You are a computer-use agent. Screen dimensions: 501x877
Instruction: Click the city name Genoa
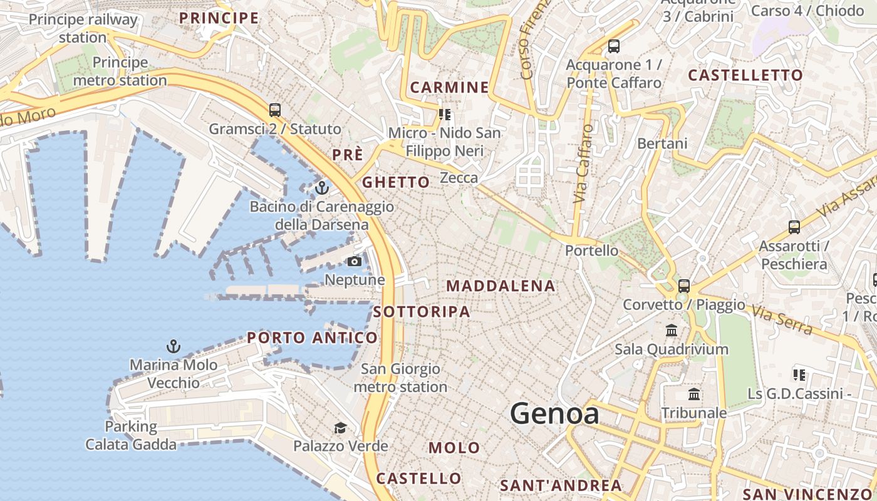pyautogui.click(x=554, y=414)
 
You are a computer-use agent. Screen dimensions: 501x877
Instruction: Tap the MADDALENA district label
pyautogui.click(x=501, y=286)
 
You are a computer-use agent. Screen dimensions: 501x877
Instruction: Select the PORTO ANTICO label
pyautogui.click(x=313, y=338)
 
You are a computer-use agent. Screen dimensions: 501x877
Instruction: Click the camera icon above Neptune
pyautogui.click(x=355, y=261)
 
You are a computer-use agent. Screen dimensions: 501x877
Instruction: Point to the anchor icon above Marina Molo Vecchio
pyautogui.click(x=173, y=346)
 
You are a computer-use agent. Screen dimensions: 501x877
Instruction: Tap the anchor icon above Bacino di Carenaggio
pyautogui.click(x=322, y=187)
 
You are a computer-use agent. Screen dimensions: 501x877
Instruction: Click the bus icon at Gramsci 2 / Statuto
pyautogui.click(x=275, y=110)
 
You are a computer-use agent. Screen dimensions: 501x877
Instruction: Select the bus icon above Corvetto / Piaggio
pyautogui.click(x=684, y=286)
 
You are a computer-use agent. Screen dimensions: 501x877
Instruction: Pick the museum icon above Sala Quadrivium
pyautogui.click(x=672, y=330)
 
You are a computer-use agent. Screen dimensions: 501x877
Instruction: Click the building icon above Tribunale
pyautogui.click(x=694, y=394)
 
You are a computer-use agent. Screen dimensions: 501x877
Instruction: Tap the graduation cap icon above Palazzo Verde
pyautogui.click(x=340, y=428)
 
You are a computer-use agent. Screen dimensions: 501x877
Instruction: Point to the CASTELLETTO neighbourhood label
pyautogui.click(x=745, y=75)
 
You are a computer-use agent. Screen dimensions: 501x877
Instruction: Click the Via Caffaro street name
pyautogui.click(x=583, y=163)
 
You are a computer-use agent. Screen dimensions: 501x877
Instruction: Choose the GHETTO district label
pyautogui.click(x=397, y=182)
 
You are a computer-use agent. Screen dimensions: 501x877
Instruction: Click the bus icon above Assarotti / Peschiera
pyautogui.click(x=794, y=227)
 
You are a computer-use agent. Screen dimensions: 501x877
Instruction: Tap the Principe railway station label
pyautogui.click(x=83, y=28)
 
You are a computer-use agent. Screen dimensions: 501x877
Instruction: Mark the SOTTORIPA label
pyautogui.click(x=422, y=312)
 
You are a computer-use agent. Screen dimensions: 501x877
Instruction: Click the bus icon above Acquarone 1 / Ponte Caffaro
pyautogui.click(x=614, y=46)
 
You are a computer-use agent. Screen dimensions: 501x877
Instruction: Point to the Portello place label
pyautogui.click(x=591, y=250)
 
